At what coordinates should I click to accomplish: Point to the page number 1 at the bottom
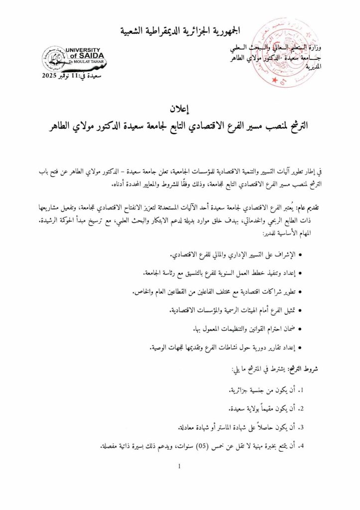tap(180, 466)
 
